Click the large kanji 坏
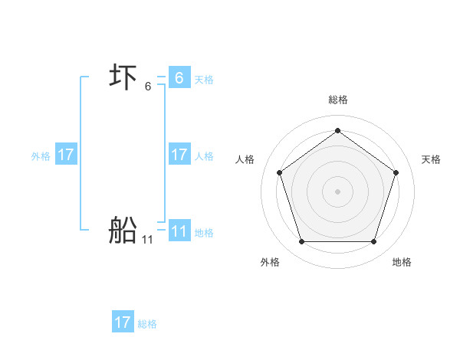(x=123, y=77)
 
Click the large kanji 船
(x=123, y=230)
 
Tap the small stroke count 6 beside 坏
(x=148, y=87)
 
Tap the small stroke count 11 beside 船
(x=147, y=240)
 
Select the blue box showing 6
(x=179, y=77)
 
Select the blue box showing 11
(x=179, y=231)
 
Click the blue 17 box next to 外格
(x=66, y=155)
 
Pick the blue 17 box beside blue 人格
(x=179, y=155)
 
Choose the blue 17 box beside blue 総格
(x=122, y=322)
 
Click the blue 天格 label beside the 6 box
(x=204, y=79)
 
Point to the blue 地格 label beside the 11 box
(x=204, y=232)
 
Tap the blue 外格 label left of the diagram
(x=41, y=156)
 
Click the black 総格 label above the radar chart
(x=337, y=100)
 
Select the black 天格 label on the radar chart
(x=431, y=159)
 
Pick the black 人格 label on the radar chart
(x=245, y=159)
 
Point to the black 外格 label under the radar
(x=270, y=262)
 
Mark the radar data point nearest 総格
(x=337, y=129)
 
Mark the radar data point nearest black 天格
(x=396, y=172)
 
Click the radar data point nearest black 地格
(x=373, y=241)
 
